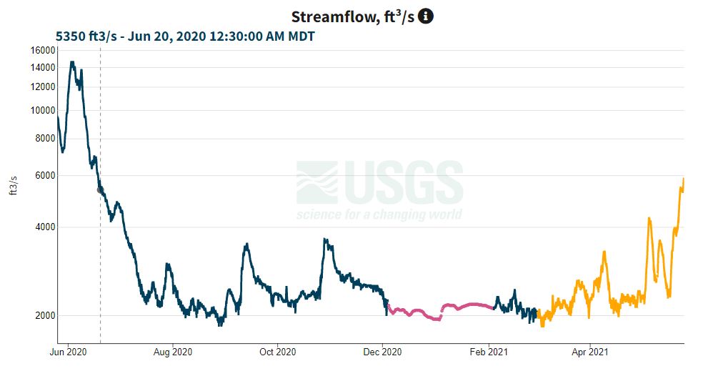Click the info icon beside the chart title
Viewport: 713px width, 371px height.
[x=426, y=16]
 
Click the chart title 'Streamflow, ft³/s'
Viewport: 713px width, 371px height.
[x=353, y=16]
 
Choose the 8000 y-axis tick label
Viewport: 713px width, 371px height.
[x=45, y=139]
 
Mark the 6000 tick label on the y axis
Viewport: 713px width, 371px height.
[x=45, y=176]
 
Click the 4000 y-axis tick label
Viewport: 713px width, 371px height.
[x=45, y=227]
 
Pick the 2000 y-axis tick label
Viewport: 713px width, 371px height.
[x=45, y=316]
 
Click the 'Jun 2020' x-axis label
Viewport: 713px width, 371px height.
[x=68, y=352]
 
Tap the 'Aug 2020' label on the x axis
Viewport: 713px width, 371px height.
[x=173, y=352]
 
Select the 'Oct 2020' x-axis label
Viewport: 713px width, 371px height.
[x=277, y=352]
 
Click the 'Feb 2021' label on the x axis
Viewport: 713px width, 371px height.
[x=488, y=352]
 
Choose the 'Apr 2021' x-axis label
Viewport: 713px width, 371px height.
[x=589, y=352]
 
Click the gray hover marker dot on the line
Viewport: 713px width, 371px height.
[x=100, y=189]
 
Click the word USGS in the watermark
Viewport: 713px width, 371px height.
[x=404, y=183]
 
